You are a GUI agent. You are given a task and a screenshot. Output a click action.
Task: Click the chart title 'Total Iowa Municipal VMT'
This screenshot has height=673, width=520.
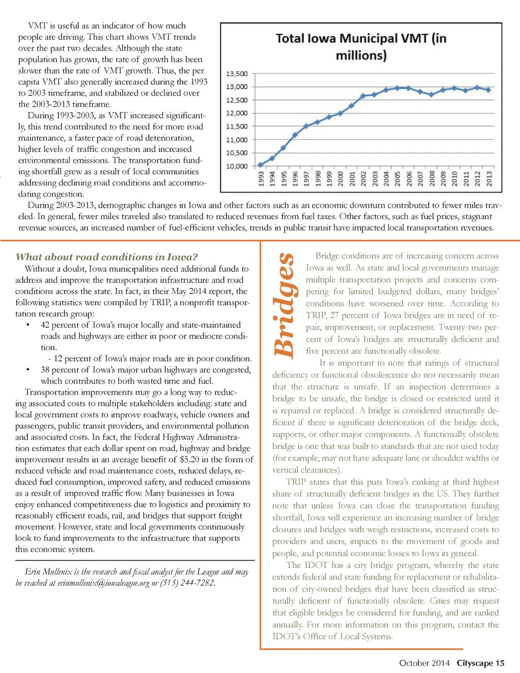(361, 46)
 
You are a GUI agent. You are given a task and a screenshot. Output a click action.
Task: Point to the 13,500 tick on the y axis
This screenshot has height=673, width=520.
(237, 74)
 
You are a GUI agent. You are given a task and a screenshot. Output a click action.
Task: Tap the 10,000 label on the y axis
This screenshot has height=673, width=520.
(237, 166)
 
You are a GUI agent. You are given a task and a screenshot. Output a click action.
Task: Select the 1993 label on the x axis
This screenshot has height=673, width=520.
(261, 179)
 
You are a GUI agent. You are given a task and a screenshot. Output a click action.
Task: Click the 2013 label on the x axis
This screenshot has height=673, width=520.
(489, 179)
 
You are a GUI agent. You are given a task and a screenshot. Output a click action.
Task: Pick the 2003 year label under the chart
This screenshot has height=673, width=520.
(375, 179)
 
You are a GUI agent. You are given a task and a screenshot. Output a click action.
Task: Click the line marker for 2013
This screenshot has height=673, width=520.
(489, 90)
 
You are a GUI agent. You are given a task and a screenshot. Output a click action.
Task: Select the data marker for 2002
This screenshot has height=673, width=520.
(363, 95)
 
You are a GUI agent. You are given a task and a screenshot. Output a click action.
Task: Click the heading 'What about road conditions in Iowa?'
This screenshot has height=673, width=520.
(107, 257)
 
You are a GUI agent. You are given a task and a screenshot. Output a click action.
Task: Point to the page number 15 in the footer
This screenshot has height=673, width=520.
(500, 663)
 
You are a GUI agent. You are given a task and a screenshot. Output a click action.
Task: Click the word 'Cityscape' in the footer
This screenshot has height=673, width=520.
(475, 663)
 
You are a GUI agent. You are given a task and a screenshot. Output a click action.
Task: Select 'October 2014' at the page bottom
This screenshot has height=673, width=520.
(424, 663)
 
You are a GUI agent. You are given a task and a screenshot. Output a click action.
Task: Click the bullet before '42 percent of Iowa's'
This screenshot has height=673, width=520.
(28, 325)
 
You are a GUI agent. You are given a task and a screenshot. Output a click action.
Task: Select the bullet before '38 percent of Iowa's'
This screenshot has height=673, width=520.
(28, 370)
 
